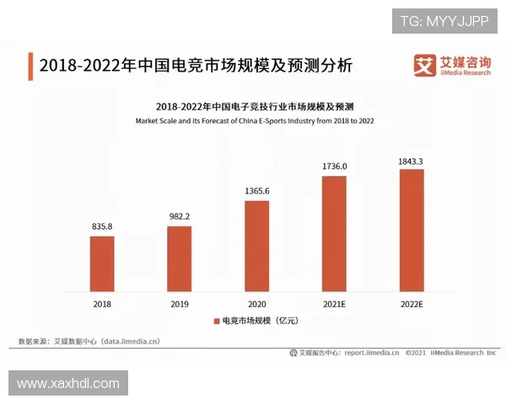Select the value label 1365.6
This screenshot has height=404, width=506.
point(256,191)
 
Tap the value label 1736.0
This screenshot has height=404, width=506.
point(334,167)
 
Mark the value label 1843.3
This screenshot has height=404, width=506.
point(411,160)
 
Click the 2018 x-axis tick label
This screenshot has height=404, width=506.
point(102,303)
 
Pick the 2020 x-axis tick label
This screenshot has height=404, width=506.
point(256,303)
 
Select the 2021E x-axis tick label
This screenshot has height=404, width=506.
point(334,303)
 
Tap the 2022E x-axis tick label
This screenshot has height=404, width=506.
point(411,303)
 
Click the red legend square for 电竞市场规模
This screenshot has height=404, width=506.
point(216,321)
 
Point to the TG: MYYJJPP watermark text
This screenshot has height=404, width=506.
point(444,20)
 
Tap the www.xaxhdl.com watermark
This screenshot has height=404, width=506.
point(68,384)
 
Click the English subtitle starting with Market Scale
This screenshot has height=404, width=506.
point(255,121)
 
